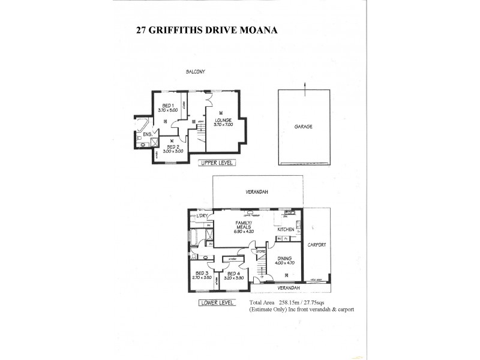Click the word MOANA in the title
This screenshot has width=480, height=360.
pyautogui.click(x=253, y=29)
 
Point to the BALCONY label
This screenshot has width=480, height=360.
pyautogui.click(x=196, y=73)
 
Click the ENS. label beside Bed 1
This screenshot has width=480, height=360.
pyautogui.click(x=146, y=134)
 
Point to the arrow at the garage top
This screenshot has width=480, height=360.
pyautogui.click(x=304, y=88)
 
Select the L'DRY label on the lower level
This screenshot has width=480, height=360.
pyautogui.click(x=201, y=215)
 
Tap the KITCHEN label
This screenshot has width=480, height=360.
pyautogui.click(x=286, y=230)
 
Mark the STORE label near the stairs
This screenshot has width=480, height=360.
pyautogui.click(x=261, y=251)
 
